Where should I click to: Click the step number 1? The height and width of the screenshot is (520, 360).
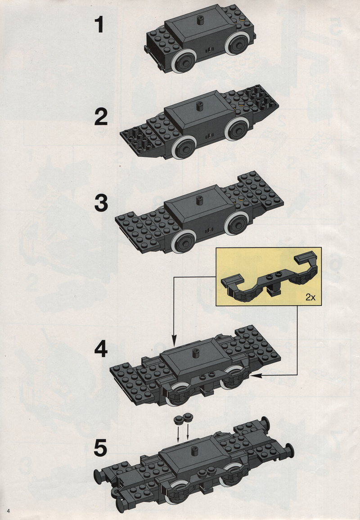(x=99, y=25)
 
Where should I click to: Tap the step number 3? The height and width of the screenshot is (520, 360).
(x=101, y=203)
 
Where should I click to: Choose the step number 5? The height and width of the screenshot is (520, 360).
(x=100, y=448)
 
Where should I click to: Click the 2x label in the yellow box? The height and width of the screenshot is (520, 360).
(x=310, y=297)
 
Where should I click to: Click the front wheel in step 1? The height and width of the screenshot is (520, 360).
(x=184, y=61)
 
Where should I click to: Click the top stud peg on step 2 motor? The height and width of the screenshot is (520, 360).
(x=200, y=106)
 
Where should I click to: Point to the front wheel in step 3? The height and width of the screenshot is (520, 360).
(x=184, y=243)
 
